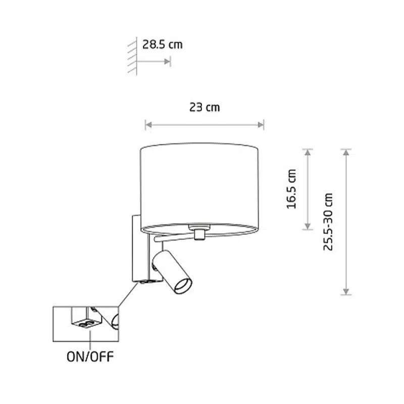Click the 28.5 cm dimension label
click(162, 44)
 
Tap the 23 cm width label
click(205, 107)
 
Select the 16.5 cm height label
click(292, 189)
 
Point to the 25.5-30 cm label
click(328, 222)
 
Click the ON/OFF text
click(90, 357)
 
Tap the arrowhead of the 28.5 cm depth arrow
click(167, 61)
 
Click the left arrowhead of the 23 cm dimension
click(148, 125)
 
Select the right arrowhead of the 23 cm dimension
click(261, 125)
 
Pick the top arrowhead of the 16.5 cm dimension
click(308, 153)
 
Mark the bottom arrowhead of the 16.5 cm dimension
click(308, 226)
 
